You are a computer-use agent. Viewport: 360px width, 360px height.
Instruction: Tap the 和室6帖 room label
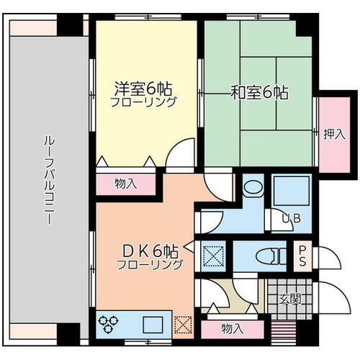click(x=259, y=93)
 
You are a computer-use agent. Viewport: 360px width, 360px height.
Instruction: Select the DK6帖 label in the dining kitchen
click(x=148, y=251)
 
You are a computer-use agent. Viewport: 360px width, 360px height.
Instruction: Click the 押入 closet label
click(x=332, y=133)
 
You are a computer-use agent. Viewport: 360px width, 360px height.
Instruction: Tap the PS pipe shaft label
click(x=303, y=256)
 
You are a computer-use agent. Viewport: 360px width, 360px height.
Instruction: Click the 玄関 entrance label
click(x=289, y=298)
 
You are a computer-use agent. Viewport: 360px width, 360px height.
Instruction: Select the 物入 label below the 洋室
click(x=125, y=184)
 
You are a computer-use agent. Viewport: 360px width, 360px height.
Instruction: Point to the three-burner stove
click(x=112, y=325)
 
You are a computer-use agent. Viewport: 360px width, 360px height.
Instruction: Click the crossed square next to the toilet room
click(x=214, y=256)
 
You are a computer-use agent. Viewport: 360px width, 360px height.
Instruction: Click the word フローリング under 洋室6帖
click(x=144, y=102)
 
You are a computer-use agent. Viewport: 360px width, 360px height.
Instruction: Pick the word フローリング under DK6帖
click(x=149, y=264)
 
